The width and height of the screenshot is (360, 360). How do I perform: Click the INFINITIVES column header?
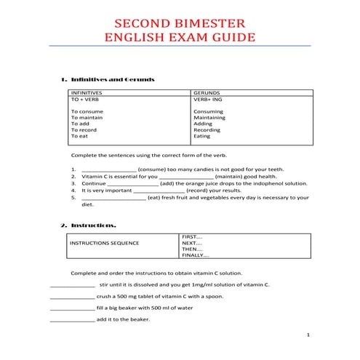(x=87, y=94)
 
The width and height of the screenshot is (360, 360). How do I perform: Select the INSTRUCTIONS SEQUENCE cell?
(x=104, y=243)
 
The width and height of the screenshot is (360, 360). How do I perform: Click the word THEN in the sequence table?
(x=191, y=249)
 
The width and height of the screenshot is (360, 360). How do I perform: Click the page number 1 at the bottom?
(x=309, y=335)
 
